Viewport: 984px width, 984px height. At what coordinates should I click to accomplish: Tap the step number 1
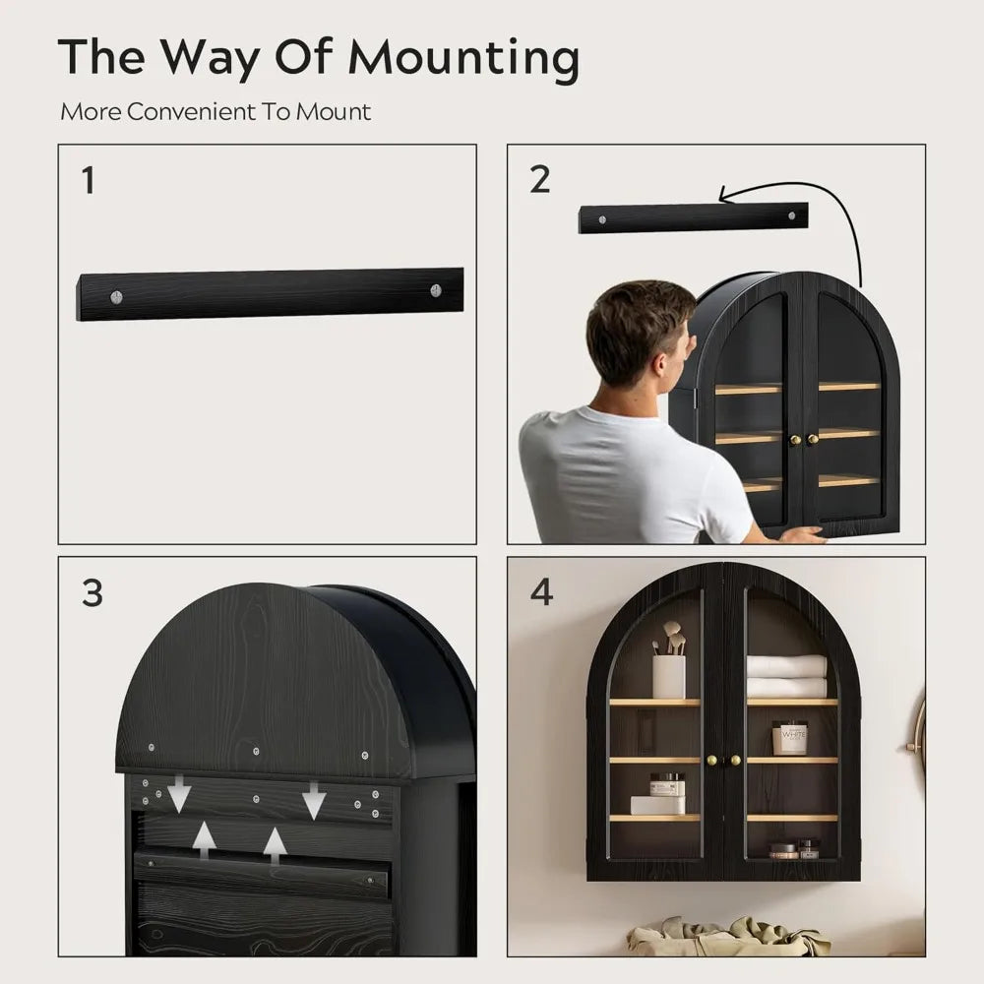[89, 181]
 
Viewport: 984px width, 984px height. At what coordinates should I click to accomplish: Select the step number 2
[539, 180]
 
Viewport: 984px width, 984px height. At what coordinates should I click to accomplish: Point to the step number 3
[92, 594]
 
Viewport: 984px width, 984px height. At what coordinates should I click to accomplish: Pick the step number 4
[540, 593]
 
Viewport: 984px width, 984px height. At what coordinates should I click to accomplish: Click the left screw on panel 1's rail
[117, 294]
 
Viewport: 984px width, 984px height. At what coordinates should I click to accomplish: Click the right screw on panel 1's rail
[435, 290]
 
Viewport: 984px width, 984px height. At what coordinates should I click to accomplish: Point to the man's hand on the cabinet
[802, 534]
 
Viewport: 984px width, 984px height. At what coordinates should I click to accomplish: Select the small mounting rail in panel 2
[693, 217]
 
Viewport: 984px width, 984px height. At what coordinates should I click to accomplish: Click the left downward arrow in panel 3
[178, 794]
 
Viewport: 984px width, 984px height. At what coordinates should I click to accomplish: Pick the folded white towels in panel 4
[786, 676]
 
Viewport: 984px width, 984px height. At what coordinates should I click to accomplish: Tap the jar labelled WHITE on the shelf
[789, 737]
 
